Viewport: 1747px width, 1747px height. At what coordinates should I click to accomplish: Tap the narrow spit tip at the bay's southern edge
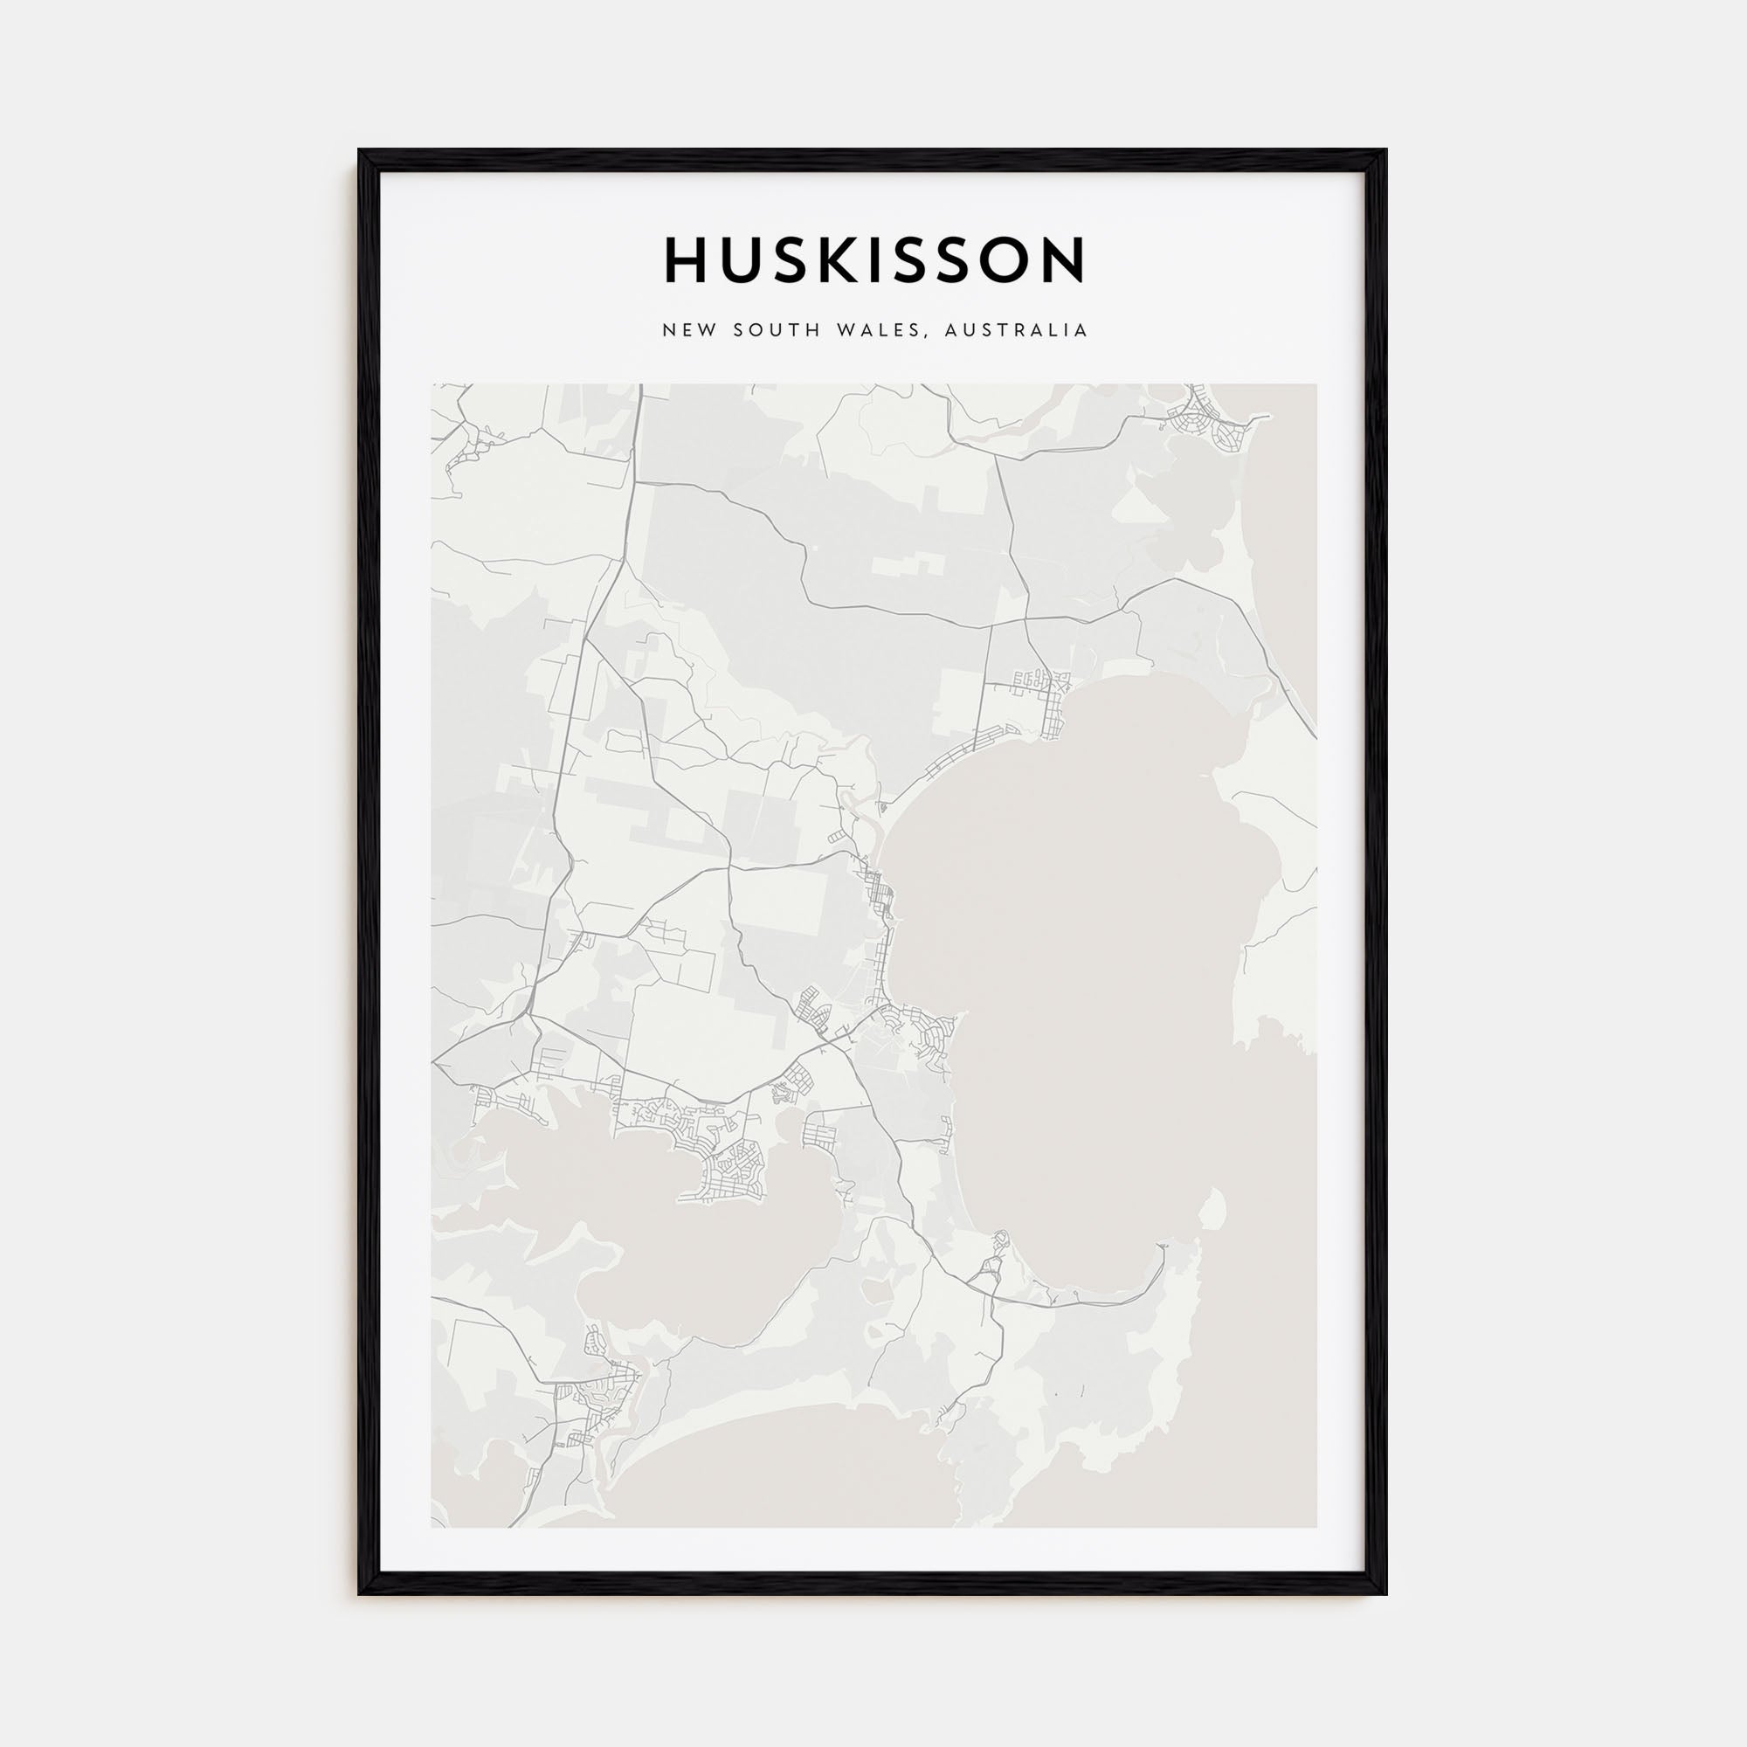pos(1163,1247)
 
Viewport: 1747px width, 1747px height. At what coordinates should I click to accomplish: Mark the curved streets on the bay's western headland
pos(922,1031)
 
